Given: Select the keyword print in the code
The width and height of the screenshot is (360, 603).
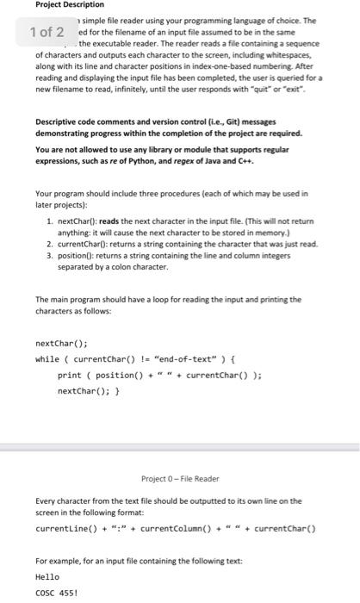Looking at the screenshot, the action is click(x=69, y=376).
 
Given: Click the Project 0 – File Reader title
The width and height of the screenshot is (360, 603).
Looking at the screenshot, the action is click(x=180, y=479).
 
